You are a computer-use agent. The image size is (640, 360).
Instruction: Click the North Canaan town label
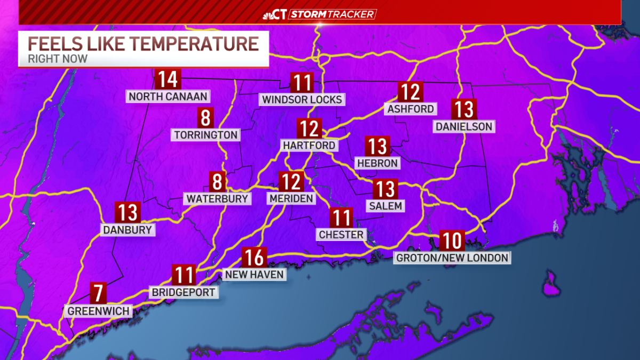tap(168, 97)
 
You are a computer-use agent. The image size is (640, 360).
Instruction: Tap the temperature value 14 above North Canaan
tap(167, 79)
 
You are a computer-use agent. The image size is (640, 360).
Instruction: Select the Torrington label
tap(205, 134)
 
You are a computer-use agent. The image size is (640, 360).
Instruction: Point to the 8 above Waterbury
tap(217, 182)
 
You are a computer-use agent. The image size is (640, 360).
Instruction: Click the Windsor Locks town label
tap(302, 99)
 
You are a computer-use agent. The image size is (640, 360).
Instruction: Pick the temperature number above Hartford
tap(309, 129)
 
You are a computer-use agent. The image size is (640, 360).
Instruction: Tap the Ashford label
tap(410, 109)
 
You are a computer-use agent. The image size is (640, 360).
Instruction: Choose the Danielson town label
tap(463, 127)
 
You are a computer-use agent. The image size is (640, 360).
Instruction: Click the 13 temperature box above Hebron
tap(378, 146)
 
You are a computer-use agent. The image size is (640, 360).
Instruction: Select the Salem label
tap(385, 205)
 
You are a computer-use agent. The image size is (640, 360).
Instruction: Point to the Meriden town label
tap(291, 198)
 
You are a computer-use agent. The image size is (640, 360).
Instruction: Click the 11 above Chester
tap(341, 218)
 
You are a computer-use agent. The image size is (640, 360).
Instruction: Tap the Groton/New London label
tap(452, 258)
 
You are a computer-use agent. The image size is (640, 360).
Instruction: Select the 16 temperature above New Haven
tap(254, 258)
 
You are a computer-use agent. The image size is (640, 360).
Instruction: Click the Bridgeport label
tap(183, 292)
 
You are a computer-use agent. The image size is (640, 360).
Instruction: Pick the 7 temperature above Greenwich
tap(98, 292)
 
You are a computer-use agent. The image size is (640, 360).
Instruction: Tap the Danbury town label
tap(128, 230)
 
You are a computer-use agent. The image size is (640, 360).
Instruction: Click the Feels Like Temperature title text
tap(143, 43)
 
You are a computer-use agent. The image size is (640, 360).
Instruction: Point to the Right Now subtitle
tap(58, 59)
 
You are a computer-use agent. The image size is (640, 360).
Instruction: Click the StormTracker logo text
tap(332, 14)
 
